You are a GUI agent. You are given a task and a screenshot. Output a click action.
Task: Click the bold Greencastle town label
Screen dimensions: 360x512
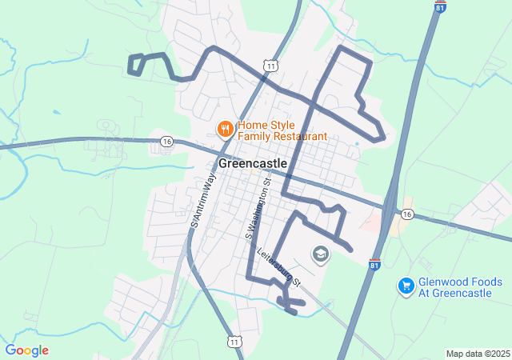(x=252, y=162)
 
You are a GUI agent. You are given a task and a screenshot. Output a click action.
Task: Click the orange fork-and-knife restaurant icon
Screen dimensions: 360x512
(x=225, y=128)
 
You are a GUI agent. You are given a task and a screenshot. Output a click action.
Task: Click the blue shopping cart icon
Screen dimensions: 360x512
(x=406, y=285)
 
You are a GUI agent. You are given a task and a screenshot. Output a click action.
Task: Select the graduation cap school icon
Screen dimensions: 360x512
(x=321, y=254)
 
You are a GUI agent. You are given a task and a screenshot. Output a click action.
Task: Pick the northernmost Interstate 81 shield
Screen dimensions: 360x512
(x=440, y=6)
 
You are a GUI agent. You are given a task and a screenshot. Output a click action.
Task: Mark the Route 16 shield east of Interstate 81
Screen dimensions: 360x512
(x=408, y=214)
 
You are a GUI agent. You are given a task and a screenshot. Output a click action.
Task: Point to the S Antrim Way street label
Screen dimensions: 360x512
(x=203, y=202)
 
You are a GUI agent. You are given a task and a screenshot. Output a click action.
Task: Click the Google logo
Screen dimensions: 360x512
(x=26, y=350)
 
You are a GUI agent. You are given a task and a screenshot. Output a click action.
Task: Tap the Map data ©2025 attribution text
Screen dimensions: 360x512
(x=478, y=354)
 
